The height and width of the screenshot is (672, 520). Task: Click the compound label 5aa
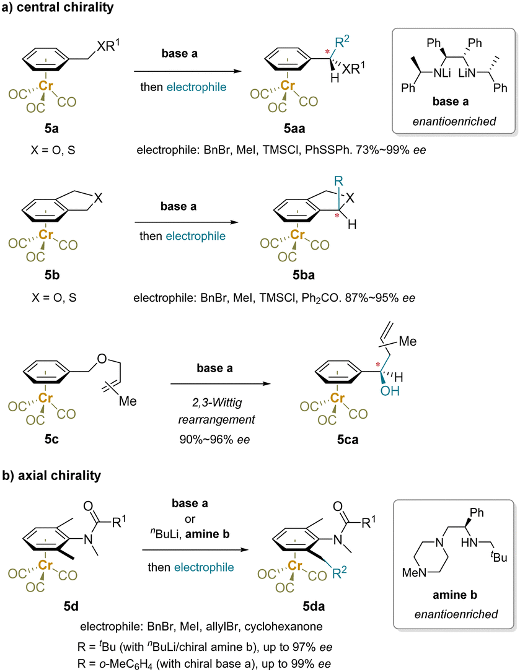294,128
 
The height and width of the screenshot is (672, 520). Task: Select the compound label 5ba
303,275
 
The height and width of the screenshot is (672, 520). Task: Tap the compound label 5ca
348,439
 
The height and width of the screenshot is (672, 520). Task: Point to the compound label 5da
314,606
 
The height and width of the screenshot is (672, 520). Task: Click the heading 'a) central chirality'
58,7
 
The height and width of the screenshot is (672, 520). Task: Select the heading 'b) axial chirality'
51,475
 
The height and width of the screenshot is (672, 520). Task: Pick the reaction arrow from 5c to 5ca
221,383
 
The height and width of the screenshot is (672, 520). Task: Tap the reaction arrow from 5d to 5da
195,550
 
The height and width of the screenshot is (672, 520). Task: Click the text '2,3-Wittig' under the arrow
217,403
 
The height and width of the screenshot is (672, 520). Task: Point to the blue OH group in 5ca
390,390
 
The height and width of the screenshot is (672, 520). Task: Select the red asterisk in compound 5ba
337,216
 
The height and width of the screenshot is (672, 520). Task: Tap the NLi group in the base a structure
442,73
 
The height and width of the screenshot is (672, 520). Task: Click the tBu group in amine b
499,557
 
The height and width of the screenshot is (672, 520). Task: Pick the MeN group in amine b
414,572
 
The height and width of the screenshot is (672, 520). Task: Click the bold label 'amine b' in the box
455,595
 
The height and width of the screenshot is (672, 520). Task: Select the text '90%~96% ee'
214,439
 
